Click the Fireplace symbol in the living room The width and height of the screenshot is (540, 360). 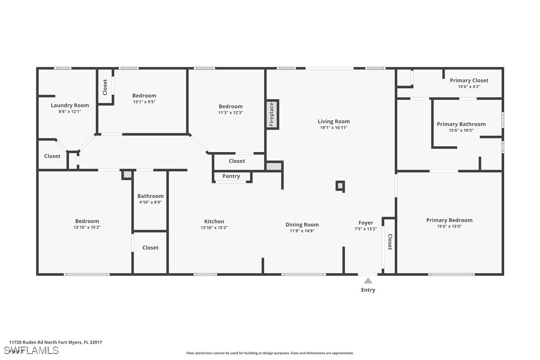[272, 114]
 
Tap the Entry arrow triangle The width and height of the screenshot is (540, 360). [368, 280]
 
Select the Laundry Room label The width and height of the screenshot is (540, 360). [70, 105]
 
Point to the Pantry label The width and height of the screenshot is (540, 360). [231, 176]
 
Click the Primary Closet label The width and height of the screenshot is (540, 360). [469, 81]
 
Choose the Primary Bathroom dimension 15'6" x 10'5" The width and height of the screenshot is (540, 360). [461, 131]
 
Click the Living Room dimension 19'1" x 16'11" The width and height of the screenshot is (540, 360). [334, 128]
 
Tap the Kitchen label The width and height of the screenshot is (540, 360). [214, 221]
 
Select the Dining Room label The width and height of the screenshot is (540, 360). [302, 225]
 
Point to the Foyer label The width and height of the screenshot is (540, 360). [366, 223]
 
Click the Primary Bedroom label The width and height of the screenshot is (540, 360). [450, 220]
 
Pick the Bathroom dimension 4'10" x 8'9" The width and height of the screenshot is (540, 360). [151, 202]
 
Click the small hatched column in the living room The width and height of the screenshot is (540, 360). [340, 186]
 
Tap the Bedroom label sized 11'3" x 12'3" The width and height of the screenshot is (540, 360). [231, 106]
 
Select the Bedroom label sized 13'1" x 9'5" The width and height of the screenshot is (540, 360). [144, 96]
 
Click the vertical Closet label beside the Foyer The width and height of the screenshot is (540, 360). [390, 242]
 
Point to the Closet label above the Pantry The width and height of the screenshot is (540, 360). [237, 161]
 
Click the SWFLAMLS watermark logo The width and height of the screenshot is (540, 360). [31, 351]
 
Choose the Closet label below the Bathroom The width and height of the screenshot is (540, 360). [151, 248]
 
